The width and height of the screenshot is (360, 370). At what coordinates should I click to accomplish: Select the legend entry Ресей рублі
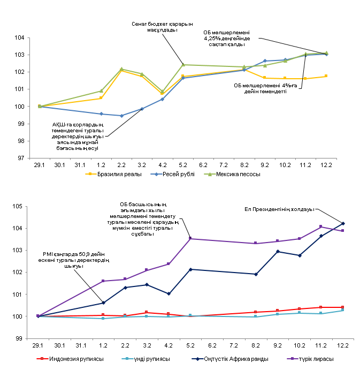(179, 174)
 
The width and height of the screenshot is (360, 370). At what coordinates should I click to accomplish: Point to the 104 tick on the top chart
(20, 38)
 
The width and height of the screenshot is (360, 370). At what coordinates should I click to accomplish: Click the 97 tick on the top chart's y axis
(20, 158)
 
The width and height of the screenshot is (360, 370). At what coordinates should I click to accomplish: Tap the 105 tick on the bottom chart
(20, 206)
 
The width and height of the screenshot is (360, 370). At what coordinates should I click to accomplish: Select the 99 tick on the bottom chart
(20, 338)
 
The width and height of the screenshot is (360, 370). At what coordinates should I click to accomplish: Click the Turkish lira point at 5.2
(190, 238)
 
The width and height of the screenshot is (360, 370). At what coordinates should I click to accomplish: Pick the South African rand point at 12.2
(343, 223)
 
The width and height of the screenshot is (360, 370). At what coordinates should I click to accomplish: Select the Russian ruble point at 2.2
(121, 116)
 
